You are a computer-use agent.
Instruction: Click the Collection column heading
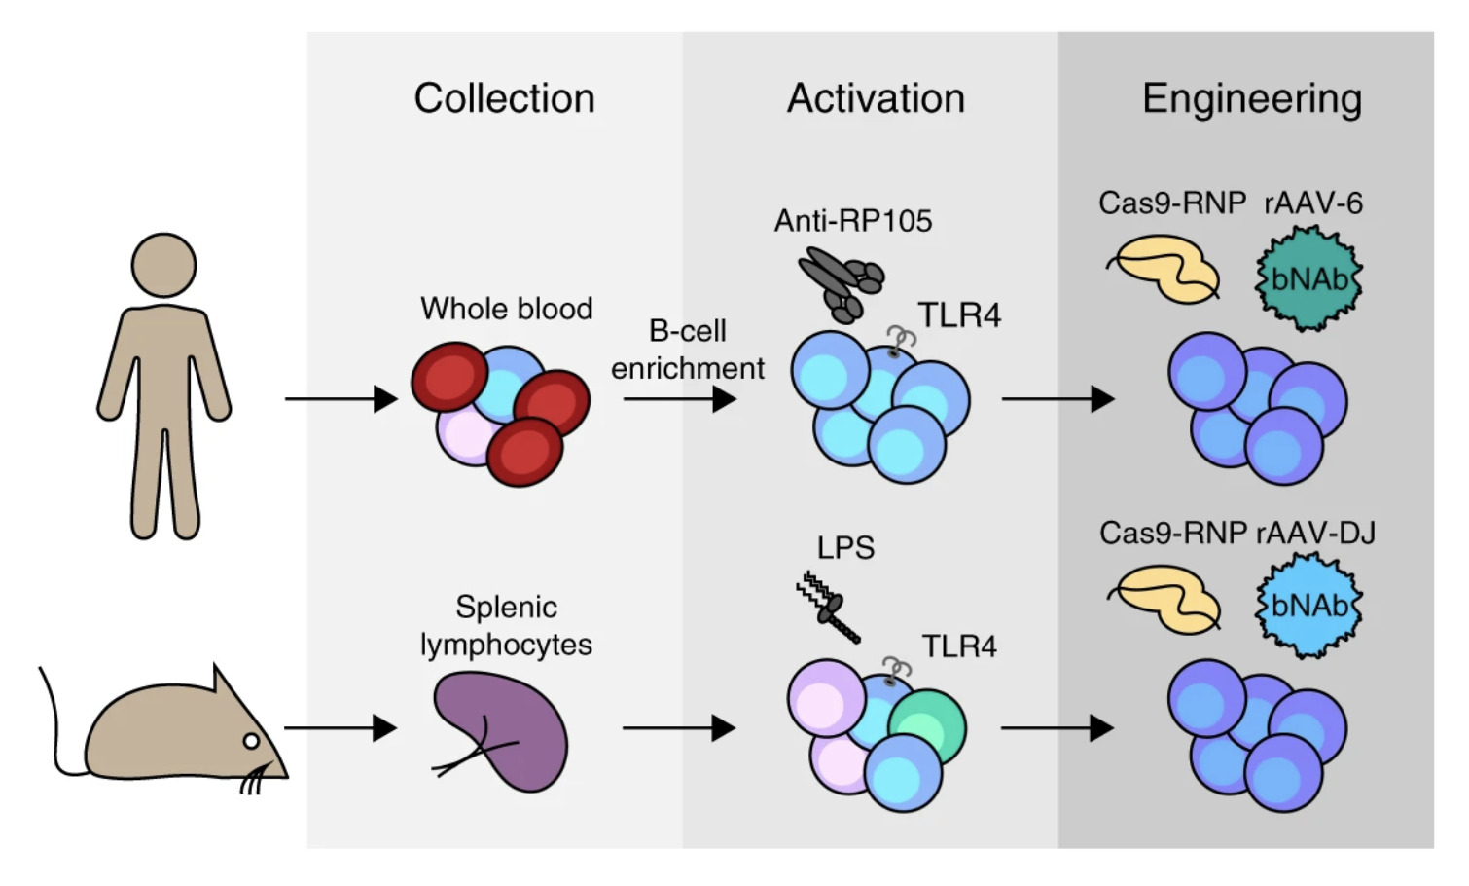504,98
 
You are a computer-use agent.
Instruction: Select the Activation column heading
876,98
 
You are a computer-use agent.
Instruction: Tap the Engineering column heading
1251,99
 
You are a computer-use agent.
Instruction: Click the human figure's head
164,265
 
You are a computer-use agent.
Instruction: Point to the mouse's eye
251,742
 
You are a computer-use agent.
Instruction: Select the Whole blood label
506,309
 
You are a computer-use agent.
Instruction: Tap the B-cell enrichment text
687,350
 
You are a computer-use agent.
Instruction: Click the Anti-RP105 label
853,221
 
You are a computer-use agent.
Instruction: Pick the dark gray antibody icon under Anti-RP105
840,282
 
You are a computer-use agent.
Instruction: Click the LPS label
845,548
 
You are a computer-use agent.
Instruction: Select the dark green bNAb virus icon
1308,279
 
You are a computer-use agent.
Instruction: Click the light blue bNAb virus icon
1308,606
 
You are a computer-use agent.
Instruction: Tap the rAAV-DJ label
1315,533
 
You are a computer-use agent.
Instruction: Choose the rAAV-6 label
1313,203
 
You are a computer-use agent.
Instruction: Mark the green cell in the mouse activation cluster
926,726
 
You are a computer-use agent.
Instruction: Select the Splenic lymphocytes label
506,625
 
